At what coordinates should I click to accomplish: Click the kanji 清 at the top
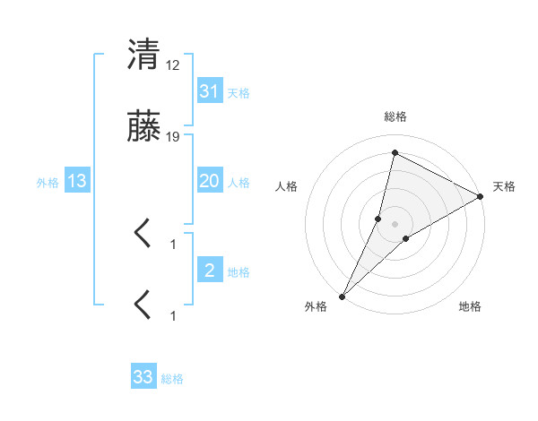pyautogui.click(x=143, y=55)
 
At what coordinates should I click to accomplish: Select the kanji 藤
pyautogui.click(x=143, y=129)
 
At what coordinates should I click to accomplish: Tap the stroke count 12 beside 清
pyautogui.click(x=173, y=64)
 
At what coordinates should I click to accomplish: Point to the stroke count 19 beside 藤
pyautogui.click(x=173, y=137)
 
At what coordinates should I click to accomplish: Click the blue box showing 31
pyautogui.click(x=209, y=91)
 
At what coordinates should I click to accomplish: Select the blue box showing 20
pyautogui.click(x=209, y=181)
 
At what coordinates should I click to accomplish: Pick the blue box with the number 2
pyautogui.click(x=209, y=271)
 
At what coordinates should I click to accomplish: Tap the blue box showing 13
pyautogui.click(x=77, y=182)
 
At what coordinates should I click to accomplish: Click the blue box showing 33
pyautogui.click(x=143, y=377)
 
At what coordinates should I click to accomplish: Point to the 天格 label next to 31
pyautogui.click(x=239, y=92)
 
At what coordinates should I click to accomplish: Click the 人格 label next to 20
pyautogui.click(x=239, y=182)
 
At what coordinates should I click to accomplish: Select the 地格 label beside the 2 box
pyautogui.click(x=239, y=271)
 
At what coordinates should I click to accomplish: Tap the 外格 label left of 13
pyautogui.click(x=48, y=183)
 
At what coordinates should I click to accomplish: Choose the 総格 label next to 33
pyautogui.click(x=172, y=378)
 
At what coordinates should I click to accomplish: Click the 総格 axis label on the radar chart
pyautogui.click(x=395, y=116)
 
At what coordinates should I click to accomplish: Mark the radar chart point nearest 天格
pyautogui.click(x=481, y=197)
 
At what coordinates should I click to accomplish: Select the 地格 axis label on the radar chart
pyautogui.click(x=470, y=306)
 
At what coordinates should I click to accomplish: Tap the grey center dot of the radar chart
pyautogui.click(x=395, y=224)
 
